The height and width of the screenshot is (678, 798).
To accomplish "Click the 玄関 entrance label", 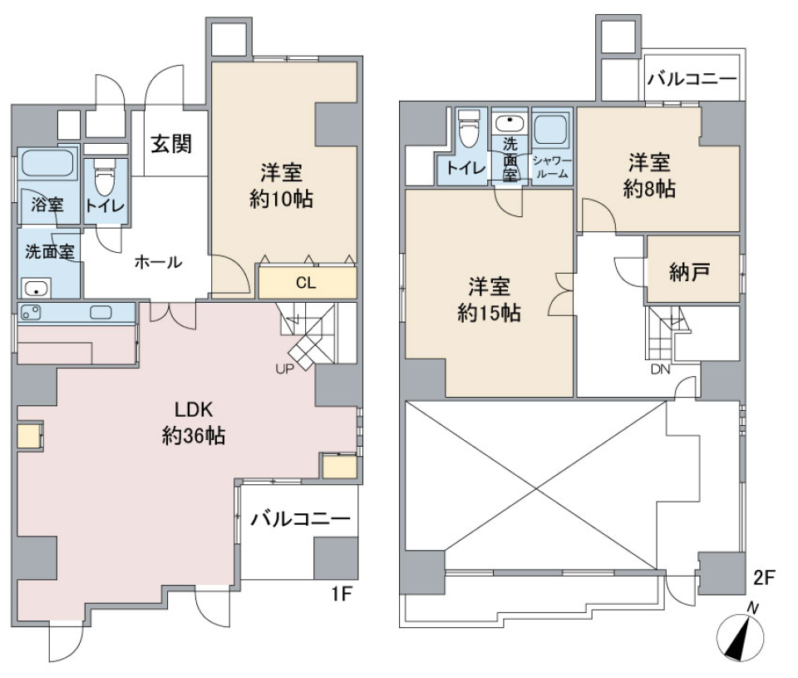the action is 171,144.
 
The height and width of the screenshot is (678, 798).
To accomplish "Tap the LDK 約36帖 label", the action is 194,423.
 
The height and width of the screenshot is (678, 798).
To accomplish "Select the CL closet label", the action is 306,283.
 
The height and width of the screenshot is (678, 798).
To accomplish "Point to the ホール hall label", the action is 158,262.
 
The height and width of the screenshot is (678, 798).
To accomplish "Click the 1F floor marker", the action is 342,593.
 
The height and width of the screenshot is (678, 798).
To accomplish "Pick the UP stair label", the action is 284,369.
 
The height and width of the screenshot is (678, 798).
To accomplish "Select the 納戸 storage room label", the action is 690,273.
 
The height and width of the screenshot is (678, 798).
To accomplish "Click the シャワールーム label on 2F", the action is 552,167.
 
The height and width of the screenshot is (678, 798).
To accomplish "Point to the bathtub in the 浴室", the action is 47,162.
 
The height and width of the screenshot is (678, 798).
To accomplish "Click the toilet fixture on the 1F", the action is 106,176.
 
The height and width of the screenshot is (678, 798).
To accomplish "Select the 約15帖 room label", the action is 489,314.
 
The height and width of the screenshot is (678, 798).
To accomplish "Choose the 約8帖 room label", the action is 649,189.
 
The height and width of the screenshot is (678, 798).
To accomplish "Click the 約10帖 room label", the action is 281,199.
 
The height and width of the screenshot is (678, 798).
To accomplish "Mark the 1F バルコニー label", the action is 301,519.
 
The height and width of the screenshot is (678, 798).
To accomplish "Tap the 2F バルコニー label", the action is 692,79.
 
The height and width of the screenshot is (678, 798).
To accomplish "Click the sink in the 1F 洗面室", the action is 36,289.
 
